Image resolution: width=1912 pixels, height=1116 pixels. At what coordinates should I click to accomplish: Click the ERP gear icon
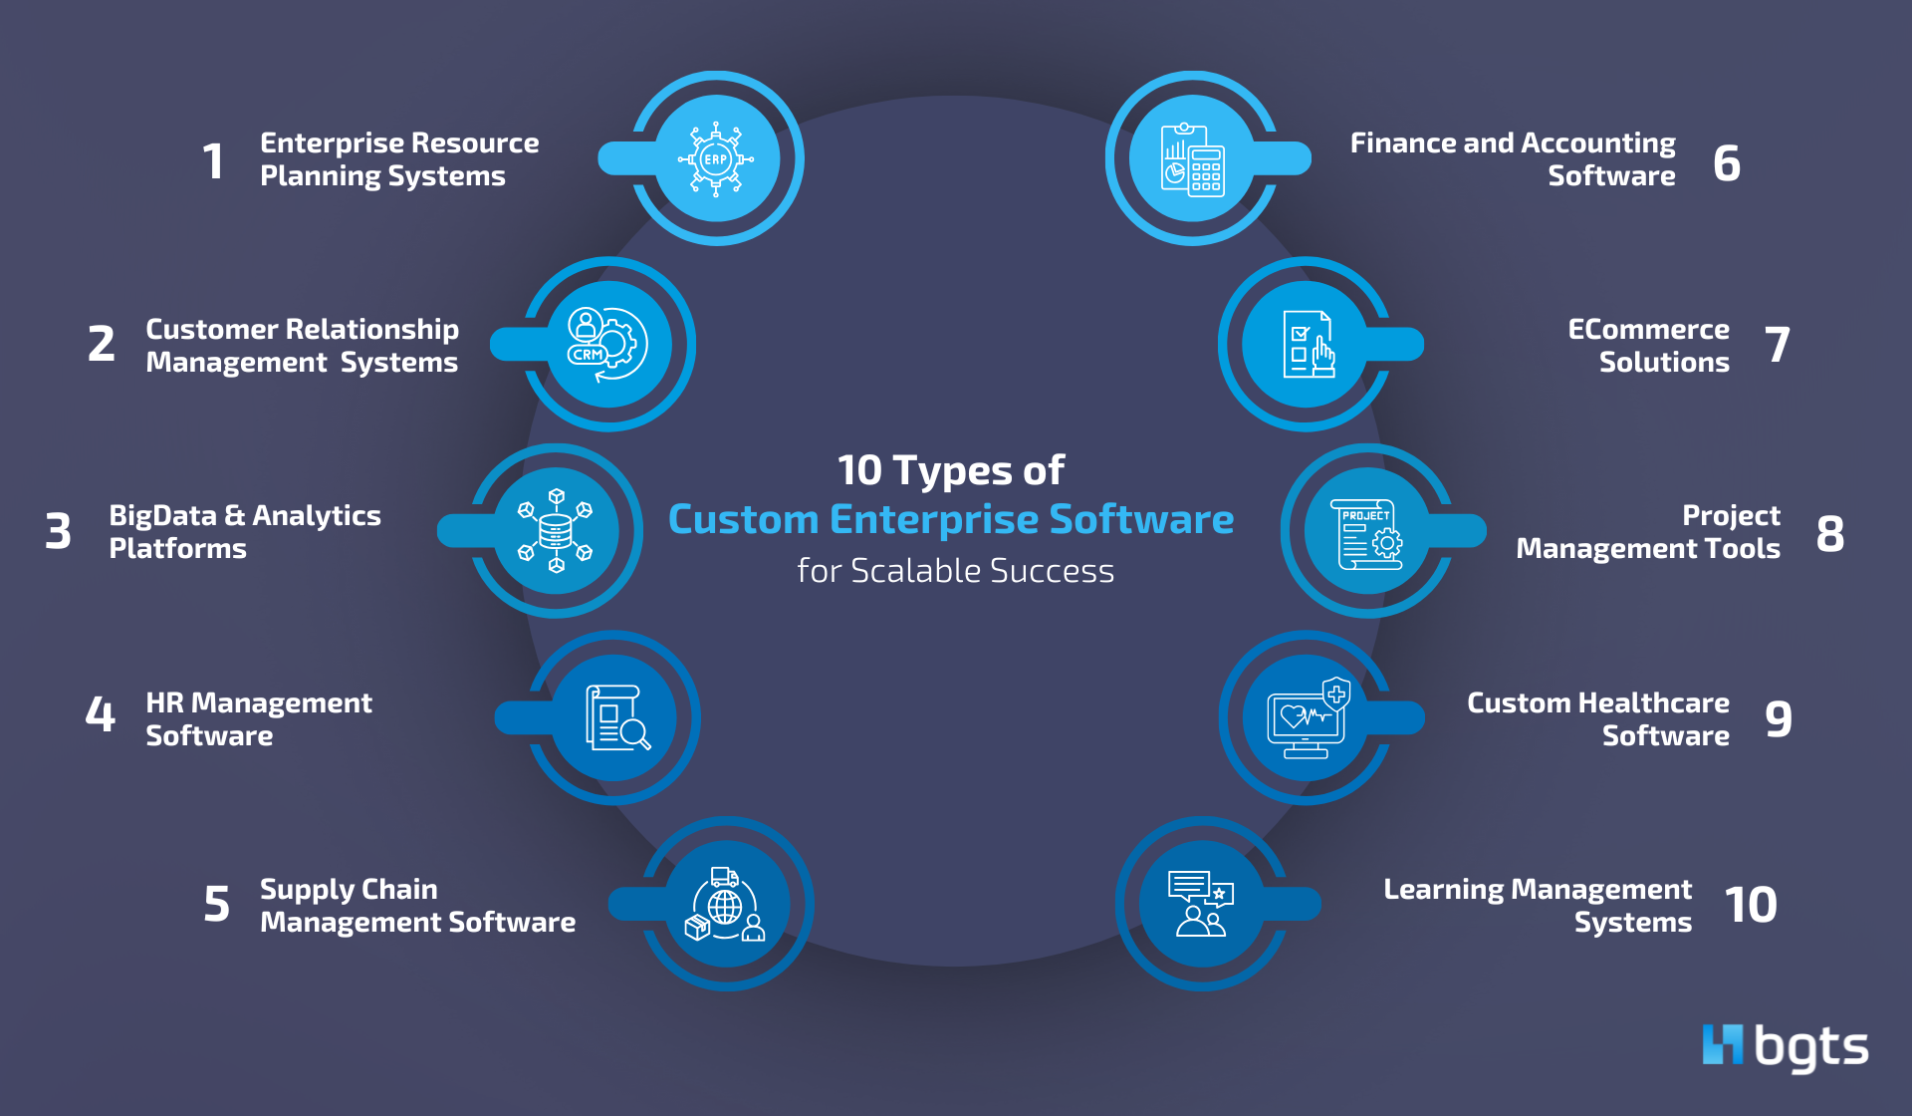click(716, 159)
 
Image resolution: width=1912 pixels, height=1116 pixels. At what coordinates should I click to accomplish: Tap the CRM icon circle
click(607, 344)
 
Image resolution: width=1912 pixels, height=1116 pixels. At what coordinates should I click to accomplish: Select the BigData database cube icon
click(556, 531)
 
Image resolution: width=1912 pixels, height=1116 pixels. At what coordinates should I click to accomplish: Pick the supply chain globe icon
click(726, 905)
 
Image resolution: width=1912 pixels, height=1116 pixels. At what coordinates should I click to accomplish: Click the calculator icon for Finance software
click(1192, 159)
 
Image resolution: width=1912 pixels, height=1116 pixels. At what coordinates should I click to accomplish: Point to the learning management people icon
click(1200, 905)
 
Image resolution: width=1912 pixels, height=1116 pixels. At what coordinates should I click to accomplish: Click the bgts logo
click(1785, 1046)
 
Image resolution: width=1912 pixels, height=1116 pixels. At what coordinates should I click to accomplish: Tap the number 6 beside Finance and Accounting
click(1727, 162)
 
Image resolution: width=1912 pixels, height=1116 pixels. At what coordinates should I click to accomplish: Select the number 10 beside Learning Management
click(1750, 905)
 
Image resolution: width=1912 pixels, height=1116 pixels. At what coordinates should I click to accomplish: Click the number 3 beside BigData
click(59, 531)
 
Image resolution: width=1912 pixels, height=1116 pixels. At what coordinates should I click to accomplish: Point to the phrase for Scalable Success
click(955, 571)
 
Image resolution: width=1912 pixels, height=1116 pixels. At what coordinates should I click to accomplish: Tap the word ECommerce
click(1648, 329)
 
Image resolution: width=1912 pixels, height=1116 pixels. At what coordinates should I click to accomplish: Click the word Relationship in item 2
click(371, 329)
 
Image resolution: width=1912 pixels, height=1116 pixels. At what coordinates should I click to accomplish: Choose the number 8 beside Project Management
click(1829, 533)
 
